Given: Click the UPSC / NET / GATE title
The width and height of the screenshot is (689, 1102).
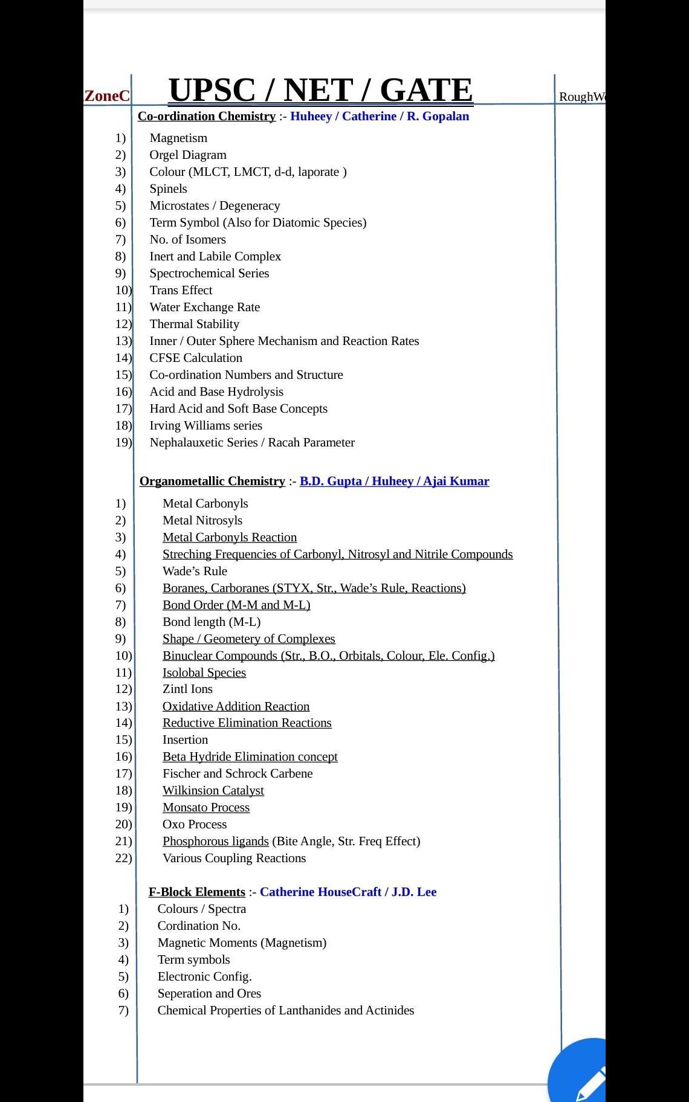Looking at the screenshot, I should click(x=320, y=91).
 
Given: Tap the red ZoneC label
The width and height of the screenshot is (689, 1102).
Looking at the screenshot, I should click(x=107, y=96).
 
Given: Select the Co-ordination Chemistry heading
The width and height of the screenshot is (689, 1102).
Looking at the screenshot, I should click(x=206, y=116).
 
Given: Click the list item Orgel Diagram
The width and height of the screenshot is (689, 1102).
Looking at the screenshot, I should click(x=188, y=155).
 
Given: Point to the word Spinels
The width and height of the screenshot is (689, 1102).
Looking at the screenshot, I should click(x=168, y=188).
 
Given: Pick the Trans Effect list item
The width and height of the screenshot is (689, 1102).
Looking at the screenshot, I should click(x=181, y=290).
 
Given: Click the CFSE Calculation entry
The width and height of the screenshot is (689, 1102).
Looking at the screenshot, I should click(x=196, y=358).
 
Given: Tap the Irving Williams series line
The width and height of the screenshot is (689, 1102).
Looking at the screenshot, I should click(x=205, y=425).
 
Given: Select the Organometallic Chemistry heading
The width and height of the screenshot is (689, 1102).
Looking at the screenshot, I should click(x=212, y=481).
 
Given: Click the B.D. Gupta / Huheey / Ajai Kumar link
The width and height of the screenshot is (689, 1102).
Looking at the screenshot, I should click(x=394, y=481).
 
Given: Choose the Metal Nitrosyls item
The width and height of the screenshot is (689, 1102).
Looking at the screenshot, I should click(x=202, y=520).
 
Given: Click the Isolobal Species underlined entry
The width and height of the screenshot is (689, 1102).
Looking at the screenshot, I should click(x=204, y=672).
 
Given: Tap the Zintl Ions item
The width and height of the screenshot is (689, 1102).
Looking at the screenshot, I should click(x=187, y=689).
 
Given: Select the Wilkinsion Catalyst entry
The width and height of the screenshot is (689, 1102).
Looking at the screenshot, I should click(x=213, y=790).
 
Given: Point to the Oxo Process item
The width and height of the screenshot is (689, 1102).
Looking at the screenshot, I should click(x=195, y=824).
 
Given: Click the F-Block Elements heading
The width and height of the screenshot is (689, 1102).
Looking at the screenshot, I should click(x=196, y=892).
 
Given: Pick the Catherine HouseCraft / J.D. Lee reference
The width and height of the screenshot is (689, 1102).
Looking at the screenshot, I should click(x=348, y=892).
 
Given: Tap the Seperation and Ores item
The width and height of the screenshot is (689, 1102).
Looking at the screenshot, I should click(x=209, y=993).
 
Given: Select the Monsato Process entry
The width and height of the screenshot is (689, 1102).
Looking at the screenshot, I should click(x=205, y=807).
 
